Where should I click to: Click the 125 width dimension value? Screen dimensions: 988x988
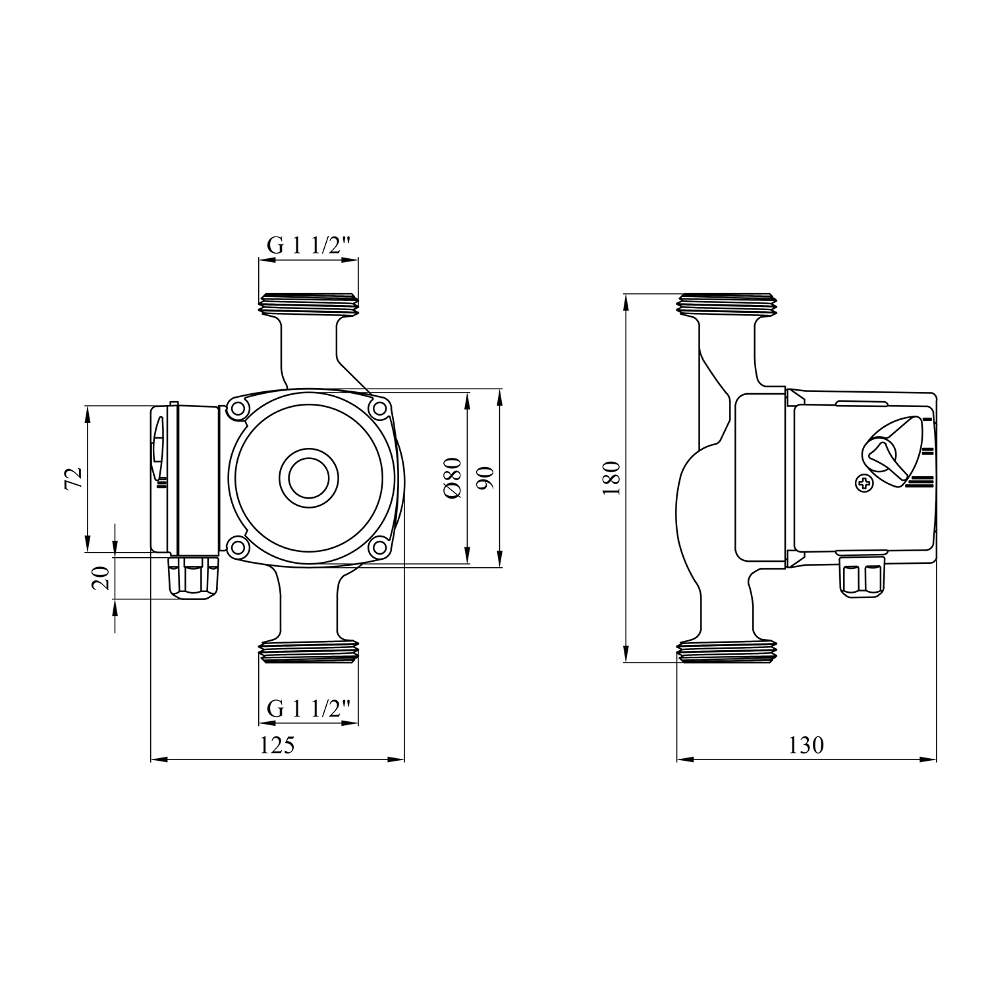(x=277, y=745)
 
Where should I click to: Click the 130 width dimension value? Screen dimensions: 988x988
(x=806, y=745)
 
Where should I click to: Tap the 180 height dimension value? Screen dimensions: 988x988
(x=611, y=478)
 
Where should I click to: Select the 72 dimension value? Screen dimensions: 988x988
(x=74, y=478)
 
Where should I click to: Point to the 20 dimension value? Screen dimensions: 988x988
(x=101, y=578)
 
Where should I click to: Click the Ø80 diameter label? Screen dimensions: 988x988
(x=453, y=478)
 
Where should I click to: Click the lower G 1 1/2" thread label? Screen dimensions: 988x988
(x=308, y=709)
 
